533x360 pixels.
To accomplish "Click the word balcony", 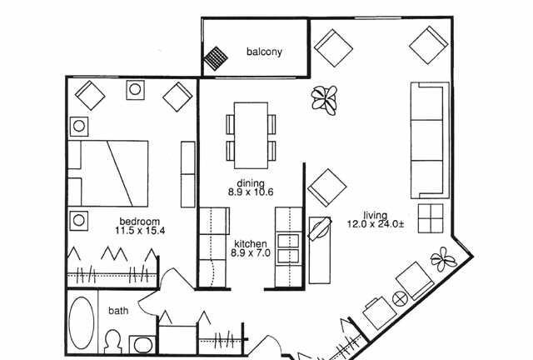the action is [264, 52].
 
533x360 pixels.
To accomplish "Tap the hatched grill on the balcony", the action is [216, 58].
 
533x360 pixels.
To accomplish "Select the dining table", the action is [251, 136].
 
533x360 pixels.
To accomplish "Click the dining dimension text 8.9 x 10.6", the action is [251, 192].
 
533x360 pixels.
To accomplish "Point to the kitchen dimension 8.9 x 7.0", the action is [251, 253].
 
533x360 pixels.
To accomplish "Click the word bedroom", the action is [140, 222].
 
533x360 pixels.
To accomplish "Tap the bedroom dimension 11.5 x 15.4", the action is [140, 231].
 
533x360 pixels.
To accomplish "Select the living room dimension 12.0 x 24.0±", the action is [376, 224].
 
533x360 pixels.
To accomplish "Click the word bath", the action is [118, 311].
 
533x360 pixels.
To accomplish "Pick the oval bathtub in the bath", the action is [82, 322].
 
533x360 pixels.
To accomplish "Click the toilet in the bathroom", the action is [112, 342].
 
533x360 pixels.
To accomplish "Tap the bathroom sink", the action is [142, 345].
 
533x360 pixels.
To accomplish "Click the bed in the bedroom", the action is [108, 173].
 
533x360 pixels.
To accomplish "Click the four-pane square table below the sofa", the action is [431, 218].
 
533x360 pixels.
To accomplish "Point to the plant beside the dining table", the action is [325, 99].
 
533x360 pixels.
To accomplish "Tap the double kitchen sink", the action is [288, 248].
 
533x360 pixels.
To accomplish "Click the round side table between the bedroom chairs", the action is [135, 90].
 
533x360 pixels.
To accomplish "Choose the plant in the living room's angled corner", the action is [444, 259].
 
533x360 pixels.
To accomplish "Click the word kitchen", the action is [251, 244].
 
